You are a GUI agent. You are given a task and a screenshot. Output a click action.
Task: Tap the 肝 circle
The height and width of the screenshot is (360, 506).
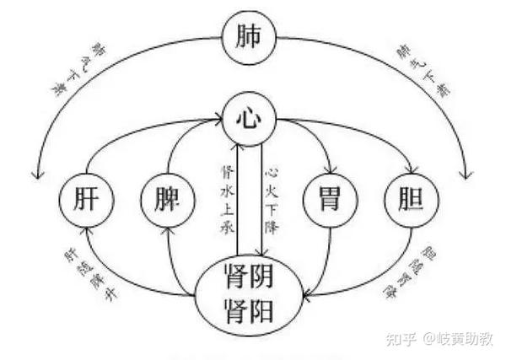tap(84, 203)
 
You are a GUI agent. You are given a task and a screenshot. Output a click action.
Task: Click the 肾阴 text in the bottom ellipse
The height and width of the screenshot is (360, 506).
tap(250, 277)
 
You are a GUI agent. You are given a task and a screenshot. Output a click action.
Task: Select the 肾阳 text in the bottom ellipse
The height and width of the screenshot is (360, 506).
tap(250, 309)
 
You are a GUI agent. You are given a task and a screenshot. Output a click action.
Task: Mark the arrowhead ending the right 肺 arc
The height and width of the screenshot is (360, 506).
tap(463, 174)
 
